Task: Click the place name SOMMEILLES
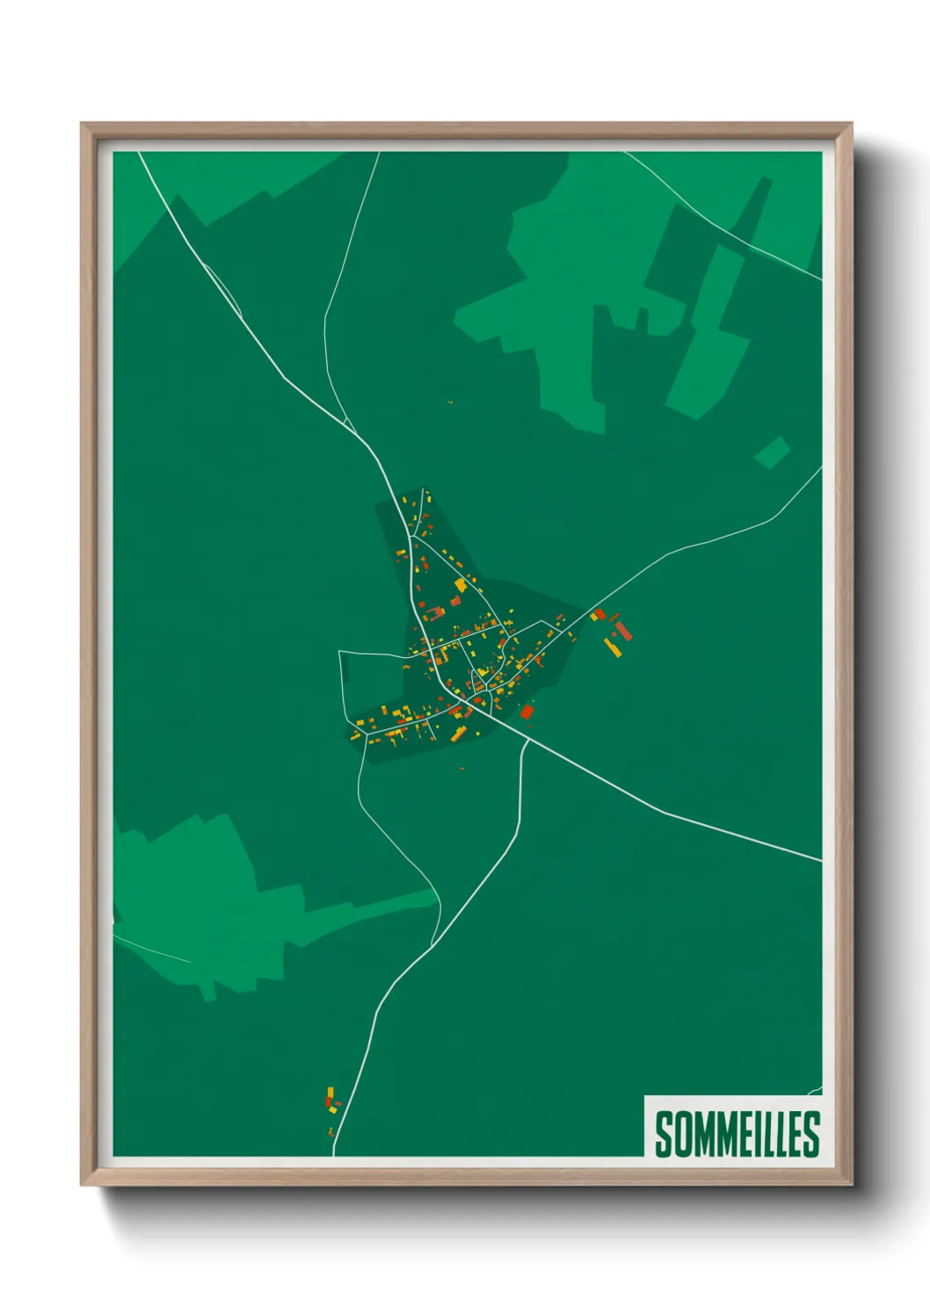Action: point(737,1133)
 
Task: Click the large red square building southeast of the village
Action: point(527,711)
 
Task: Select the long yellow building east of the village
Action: point(612,649)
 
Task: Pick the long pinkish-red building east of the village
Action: point(623,630)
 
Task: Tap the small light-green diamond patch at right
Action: point(772,452)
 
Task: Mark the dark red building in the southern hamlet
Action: point(328,1101)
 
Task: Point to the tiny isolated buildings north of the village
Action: point(450,402)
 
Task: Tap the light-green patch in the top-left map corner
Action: point(149,202)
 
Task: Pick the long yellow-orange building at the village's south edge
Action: point(458,733)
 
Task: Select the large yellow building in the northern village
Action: point(460,584)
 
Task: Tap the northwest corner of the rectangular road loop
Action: point(340,652)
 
